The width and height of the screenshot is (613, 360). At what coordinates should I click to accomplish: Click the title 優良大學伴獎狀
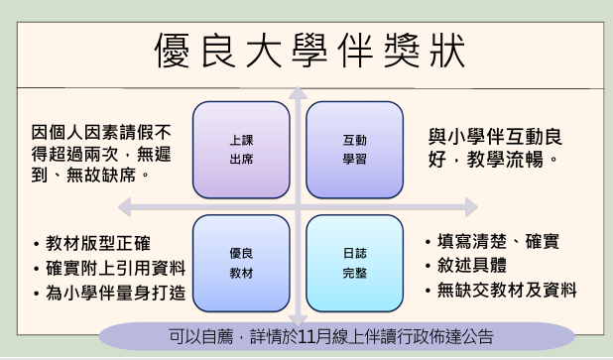(x=310, y=51)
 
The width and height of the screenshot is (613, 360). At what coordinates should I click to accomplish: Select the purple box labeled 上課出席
(x=241, y=150)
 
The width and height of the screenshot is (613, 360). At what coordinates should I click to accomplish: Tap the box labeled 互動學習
(x=354, y=150)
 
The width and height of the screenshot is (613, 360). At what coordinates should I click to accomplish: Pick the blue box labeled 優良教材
(x=241, y=263)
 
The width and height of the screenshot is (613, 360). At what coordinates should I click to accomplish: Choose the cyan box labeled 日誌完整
(x=354, y=263)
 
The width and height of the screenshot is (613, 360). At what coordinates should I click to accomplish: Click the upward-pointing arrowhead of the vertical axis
(x=298, y=92)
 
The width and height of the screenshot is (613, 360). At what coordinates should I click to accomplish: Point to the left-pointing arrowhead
(x=124, y=206)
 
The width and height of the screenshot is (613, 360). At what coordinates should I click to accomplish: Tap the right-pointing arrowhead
(x=471, y=206)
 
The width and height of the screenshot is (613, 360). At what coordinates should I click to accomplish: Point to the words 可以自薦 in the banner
(x=201, y=336)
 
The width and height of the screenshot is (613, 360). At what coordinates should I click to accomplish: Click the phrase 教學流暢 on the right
(x=505, y=160)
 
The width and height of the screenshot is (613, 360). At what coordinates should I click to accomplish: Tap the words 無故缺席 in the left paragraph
(x=101, y=175)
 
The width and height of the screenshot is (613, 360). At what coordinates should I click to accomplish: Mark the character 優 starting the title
(x=173, y=51)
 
